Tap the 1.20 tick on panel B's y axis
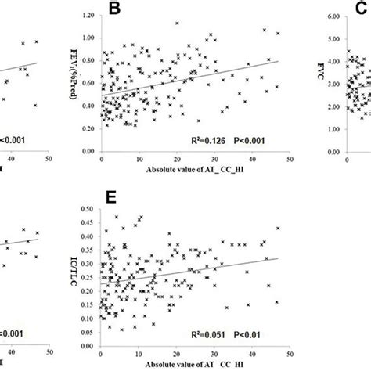tap(88, 15)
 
